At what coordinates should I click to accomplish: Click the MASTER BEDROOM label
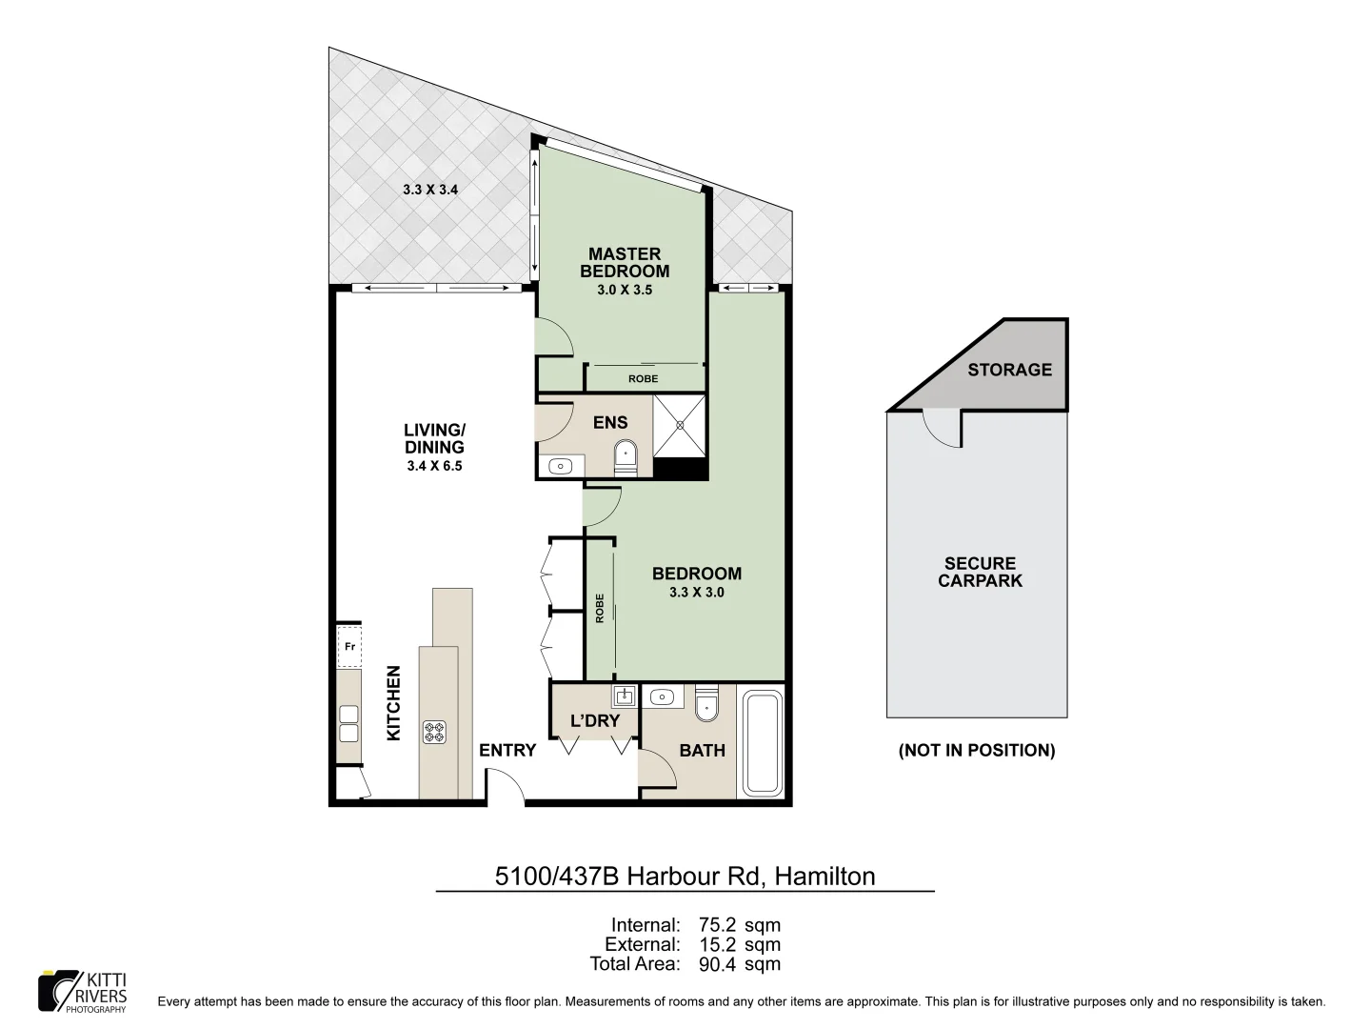(x=625, y=262)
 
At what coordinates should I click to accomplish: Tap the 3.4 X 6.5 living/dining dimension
(x=434, y=467)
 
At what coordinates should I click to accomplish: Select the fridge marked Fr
(x=349, y=648)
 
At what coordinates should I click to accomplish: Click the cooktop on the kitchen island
(x=435, y=732)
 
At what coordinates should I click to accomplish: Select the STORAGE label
(x=1009, y=370)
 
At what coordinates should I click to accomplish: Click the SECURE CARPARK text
(x=980, y=572)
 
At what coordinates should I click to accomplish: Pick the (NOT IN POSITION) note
(x=977, y=751)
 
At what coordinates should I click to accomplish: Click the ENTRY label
(x=507, y=751)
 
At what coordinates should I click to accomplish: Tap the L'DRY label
(x=595, y=721)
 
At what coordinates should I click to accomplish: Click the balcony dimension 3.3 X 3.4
(x=430, y=190)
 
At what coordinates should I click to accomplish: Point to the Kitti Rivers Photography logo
(x=82, y=991)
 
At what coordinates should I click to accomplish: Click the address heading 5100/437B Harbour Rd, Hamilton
(x=685, y=876)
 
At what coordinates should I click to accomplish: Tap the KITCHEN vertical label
(x=393, y=703)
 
